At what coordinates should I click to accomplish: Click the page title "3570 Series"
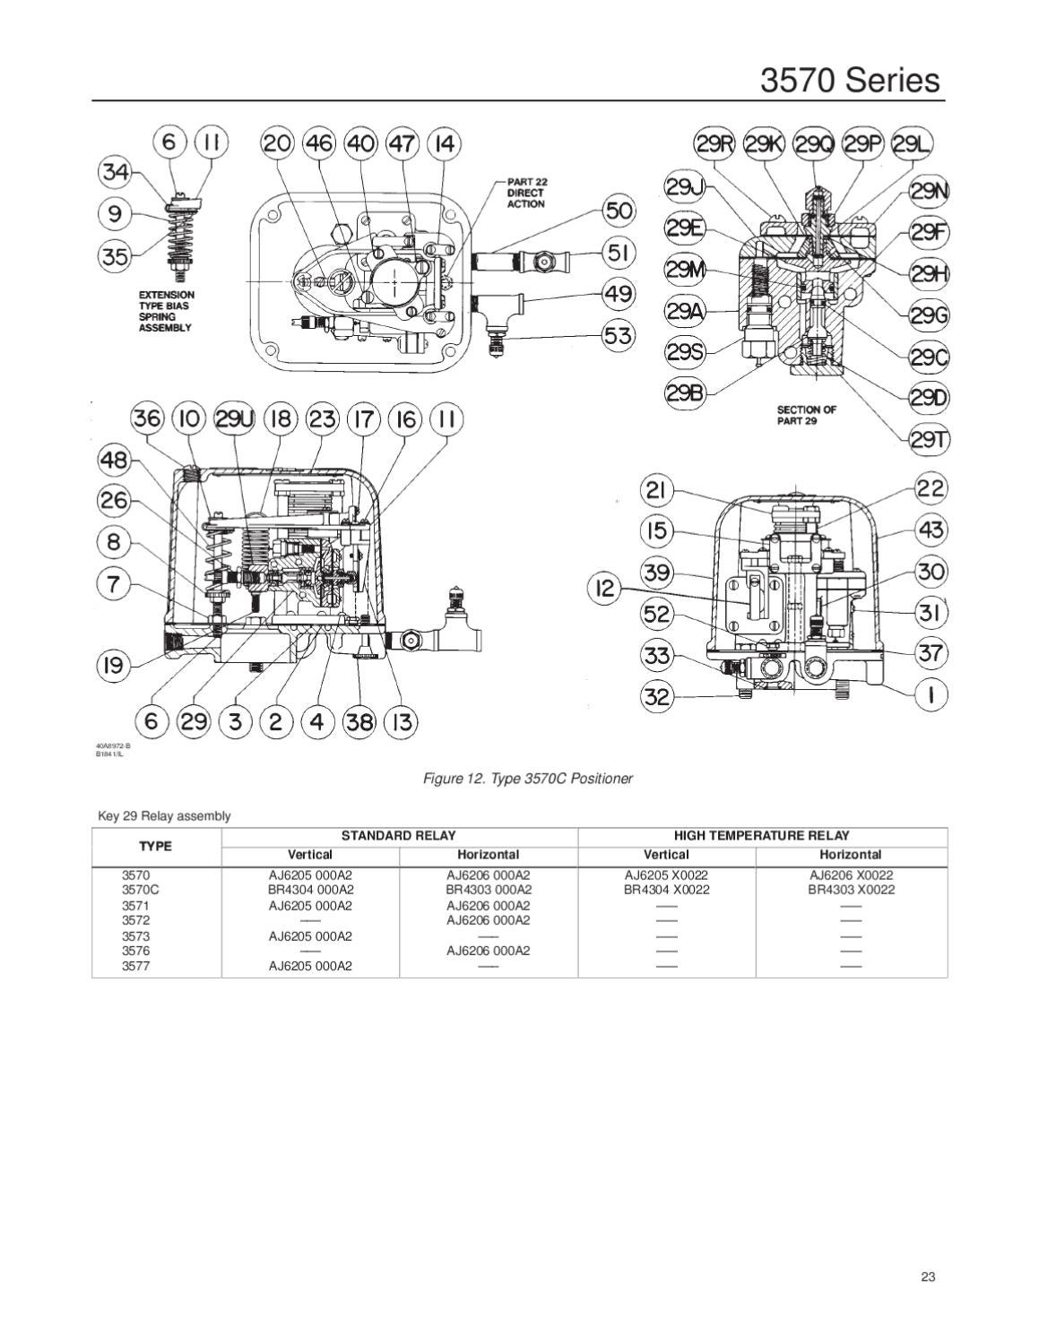pos(850,80)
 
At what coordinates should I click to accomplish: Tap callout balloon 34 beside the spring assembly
pos(115,171)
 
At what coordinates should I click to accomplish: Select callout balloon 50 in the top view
pos(619,211)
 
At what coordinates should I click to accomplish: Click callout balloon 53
pos(619,336)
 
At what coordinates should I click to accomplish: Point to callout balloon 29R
pos(714,143)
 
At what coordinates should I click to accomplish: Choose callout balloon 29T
pos(930,439)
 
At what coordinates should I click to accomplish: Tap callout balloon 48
pos(115,460)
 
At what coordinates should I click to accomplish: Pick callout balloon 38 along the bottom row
pos(359,721)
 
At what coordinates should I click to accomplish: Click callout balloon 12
pos(605,588)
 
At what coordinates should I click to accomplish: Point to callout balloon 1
pos(931,694)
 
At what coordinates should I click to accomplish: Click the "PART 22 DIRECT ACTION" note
pos(526,193)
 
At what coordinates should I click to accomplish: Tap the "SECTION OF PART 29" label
pos(806,415)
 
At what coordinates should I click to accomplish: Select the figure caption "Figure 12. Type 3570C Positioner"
pos(527,779)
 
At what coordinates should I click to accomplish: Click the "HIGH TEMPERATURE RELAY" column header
pos(761,835)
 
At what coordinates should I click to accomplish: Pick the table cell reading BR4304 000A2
pos(310,890)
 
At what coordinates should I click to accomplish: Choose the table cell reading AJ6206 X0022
pos(851,874)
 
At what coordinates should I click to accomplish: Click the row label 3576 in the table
pos(135,951)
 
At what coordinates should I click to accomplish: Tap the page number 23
pos(928,1277)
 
